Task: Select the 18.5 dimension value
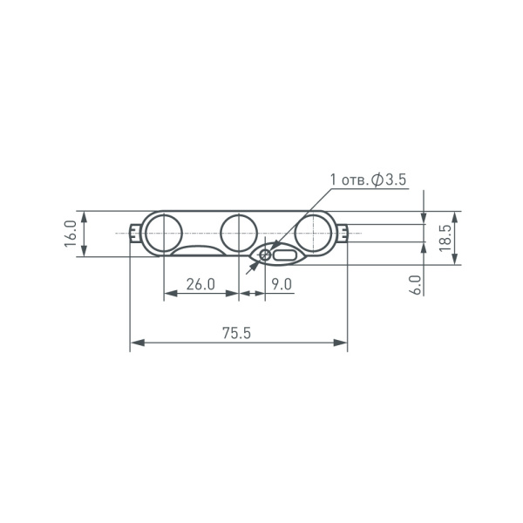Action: point(445,238)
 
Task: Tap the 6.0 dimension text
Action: point(416,284)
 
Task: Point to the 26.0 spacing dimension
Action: point(200,284)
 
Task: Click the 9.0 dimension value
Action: point(282,284)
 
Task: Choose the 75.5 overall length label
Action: point(236,333)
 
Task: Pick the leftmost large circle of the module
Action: point(163,233)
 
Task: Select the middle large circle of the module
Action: point(238,233)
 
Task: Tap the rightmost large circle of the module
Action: point(312,233)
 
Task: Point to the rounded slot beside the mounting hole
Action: point(285,255)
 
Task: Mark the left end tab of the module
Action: point(134,233)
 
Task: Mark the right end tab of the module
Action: point(347,233)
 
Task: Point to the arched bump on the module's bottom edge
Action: point(200,251)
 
